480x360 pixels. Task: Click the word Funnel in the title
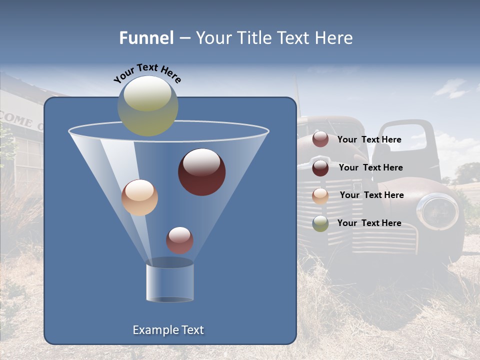click(x=146, y=38)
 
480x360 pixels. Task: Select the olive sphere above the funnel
click(x=148, y=105)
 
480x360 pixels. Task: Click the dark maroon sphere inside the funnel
click(x=201, y=171)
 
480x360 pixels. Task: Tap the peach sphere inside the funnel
click(x=139, y=197)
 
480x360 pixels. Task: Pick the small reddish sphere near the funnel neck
click(x=179, y=240)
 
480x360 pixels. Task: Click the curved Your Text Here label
click(x=147, y=73)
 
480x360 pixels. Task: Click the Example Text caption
click(x=168, y=330)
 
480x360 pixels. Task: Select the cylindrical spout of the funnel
click(x=169, y=282)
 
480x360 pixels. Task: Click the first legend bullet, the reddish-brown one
click(x=320, y=139)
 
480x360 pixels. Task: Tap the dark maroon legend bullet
click(x=320, y=167)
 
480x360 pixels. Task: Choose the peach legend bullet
click(x=320, y=195)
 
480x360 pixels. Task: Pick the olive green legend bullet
click(x=320, y=223)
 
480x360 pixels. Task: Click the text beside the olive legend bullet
click(x=369, y=223)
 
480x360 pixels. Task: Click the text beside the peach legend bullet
click(x=371, y=195)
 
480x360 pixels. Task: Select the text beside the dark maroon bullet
click(x=370, y=167)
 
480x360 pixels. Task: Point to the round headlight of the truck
click(x=437, y=211)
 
